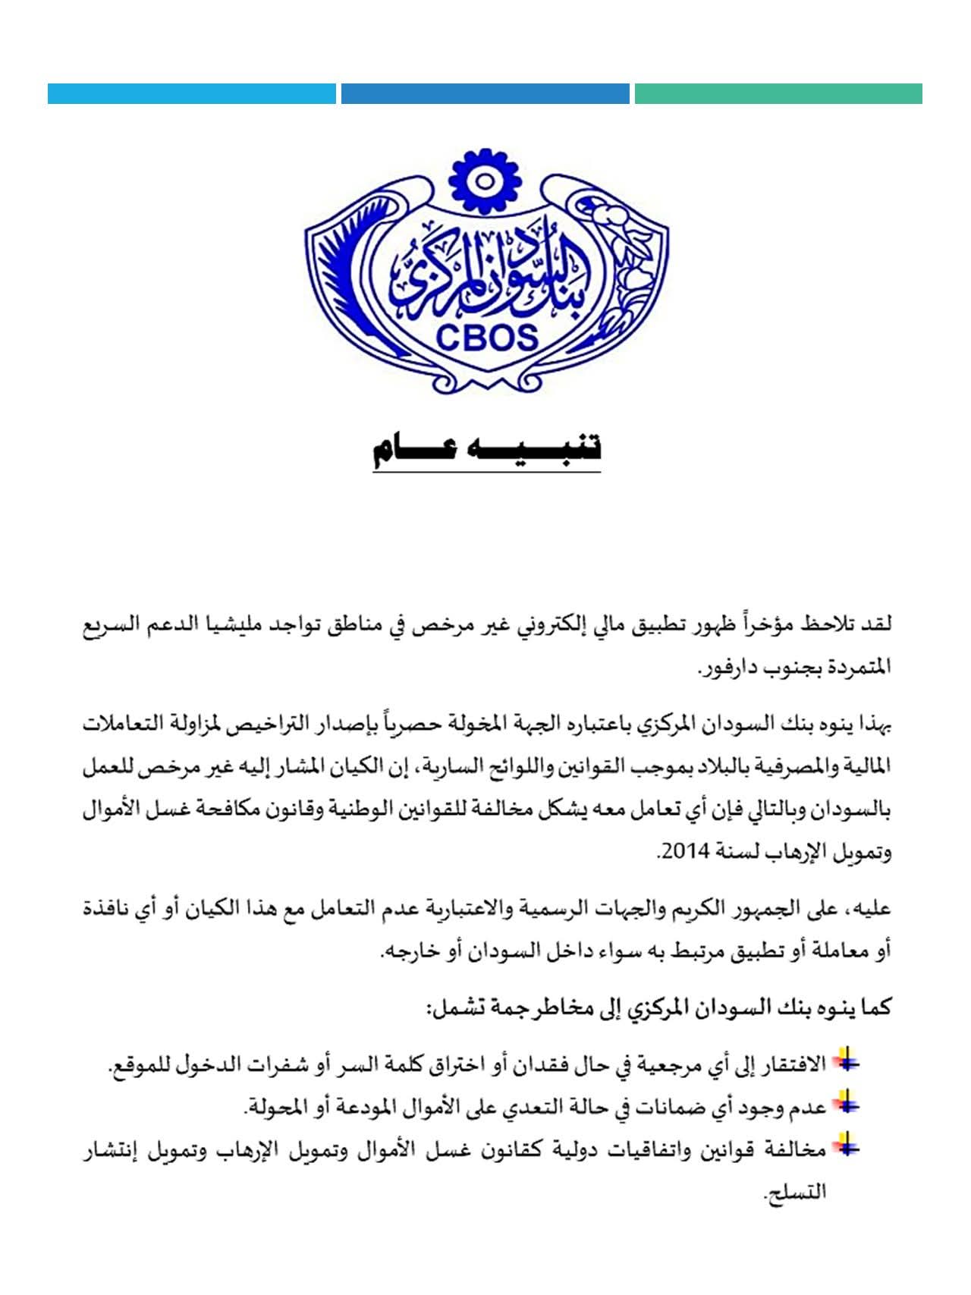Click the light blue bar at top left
(x=191, y=93)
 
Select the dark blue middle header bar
(x=485, y=93)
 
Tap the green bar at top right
(x=778, y=93)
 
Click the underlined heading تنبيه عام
(x=486, y=450)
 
